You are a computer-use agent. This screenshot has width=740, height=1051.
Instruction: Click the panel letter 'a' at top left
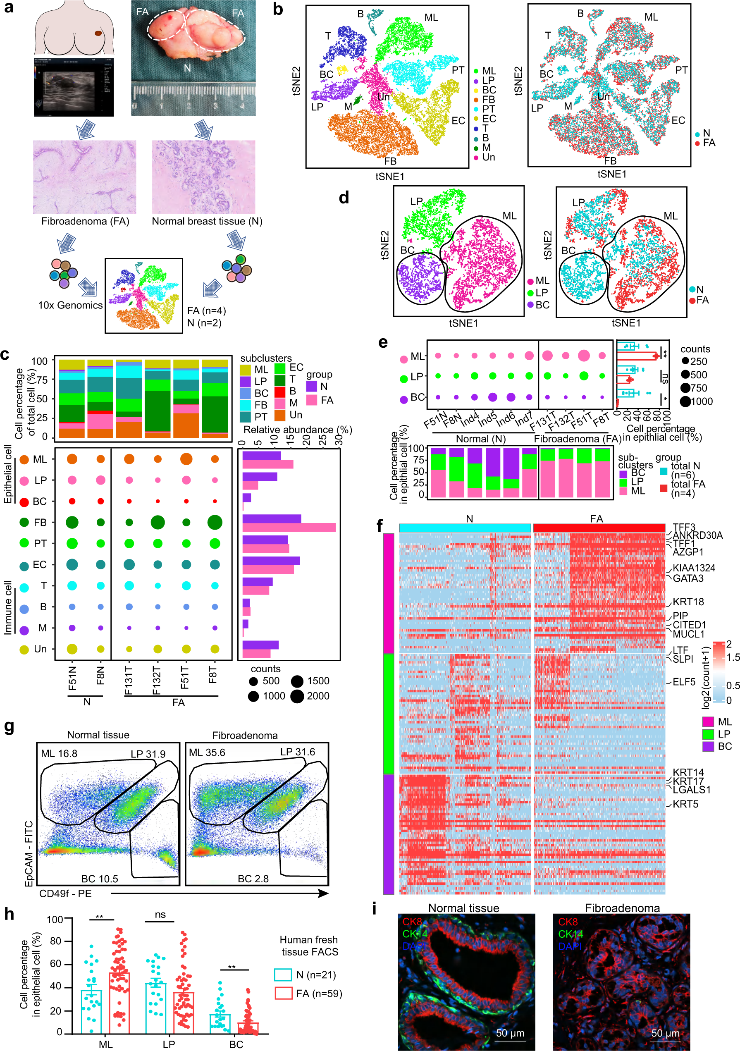[x=8, y=8]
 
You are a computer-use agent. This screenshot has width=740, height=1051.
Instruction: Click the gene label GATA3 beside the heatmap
[x=688, y=578]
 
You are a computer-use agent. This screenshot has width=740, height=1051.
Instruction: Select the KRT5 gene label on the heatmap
[x=685, y=804]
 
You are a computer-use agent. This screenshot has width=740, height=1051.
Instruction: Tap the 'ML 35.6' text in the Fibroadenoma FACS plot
[x=207, y=752]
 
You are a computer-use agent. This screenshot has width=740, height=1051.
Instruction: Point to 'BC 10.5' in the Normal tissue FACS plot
[x=99, y=879]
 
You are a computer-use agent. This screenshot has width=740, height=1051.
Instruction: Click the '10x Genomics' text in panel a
[x=70, y=305]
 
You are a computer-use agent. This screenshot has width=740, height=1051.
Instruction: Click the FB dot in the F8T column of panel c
[x=215, y=522]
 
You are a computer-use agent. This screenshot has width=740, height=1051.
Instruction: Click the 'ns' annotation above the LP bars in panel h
[x=160, y=915]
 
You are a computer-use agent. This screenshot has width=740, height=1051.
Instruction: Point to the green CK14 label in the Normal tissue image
[x=415, y=933]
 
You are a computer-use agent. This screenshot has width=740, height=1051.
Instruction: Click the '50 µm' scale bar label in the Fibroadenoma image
[x=665, y=1033]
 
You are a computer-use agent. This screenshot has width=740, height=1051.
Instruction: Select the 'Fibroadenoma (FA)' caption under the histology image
[x=85, y=222]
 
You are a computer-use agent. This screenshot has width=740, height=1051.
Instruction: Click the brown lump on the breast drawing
[x=98, y=33]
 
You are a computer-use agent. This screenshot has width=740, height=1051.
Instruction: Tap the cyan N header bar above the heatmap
[x=465, y=528]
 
